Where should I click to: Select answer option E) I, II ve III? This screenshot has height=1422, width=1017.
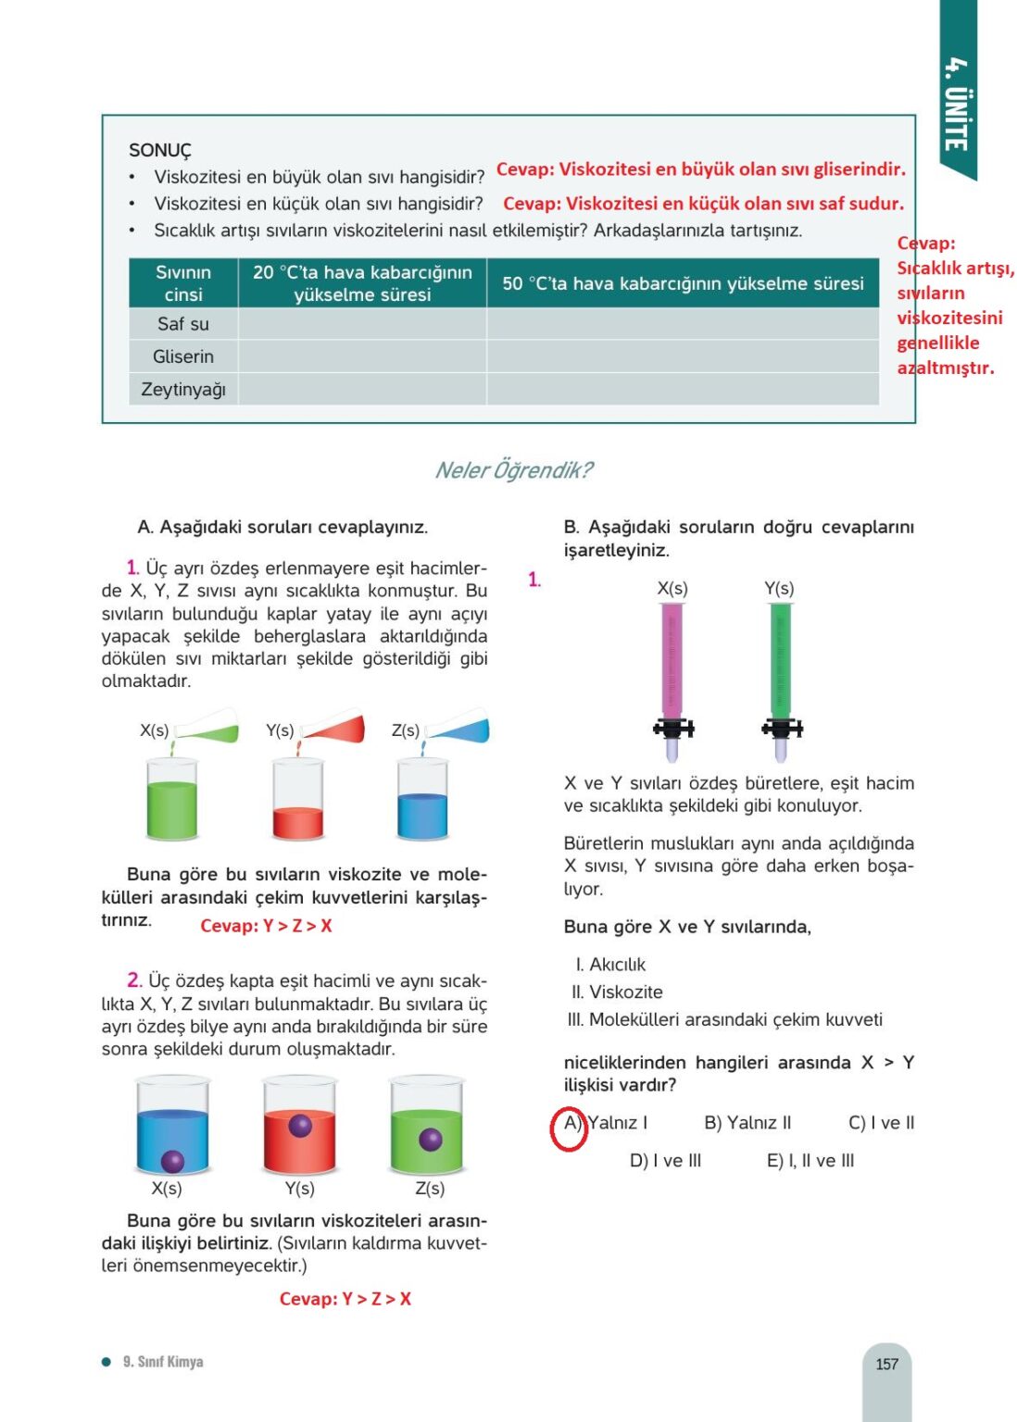(810, 1161)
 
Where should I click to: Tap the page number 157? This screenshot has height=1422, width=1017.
(886, 1364)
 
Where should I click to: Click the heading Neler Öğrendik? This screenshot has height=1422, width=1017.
(513, 470)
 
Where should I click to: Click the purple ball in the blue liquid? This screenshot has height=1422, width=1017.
(172, 1161)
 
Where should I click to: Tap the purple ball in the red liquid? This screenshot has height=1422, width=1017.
(300, 1126)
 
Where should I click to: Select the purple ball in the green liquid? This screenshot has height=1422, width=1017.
(430, 1139)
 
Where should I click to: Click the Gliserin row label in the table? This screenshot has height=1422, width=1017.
(183, 356)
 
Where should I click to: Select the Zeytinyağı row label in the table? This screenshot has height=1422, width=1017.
(183, 390)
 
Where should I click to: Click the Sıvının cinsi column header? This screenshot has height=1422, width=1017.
(183, 283)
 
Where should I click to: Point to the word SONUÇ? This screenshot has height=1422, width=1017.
(160, 150)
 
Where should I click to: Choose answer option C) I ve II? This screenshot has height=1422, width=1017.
(881, 1123)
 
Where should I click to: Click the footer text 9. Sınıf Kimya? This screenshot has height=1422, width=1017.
(163, 1362)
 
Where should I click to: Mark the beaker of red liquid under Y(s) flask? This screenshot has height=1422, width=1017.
(298, 801)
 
